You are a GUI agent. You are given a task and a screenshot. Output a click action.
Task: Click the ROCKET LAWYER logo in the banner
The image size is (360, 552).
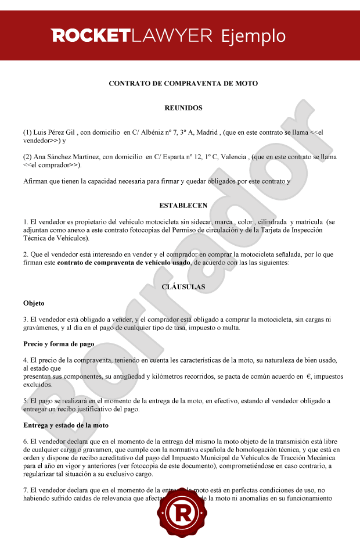coord(132,36)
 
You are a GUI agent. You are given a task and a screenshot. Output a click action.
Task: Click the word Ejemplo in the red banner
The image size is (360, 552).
coord(253,36)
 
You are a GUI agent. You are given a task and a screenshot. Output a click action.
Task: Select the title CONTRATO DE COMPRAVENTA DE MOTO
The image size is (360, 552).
coord(183,84)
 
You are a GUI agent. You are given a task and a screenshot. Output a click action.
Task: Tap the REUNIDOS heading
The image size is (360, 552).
coord(183,108)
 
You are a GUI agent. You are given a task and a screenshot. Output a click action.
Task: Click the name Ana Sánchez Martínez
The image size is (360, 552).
coord(59,157)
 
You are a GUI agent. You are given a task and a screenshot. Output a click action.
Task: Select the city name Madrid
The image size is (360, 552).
coord(207,132)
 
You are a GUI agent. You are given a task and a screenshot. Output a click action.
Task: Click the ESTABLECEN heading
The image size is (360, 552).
coord(183,206)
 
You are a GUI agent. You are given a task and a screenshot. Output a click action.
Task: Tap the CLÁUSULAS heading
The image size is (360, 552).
coord(183,287)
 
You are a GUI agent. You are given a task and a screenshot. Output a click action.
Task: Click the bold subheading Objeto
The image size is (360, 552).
coord(34,303)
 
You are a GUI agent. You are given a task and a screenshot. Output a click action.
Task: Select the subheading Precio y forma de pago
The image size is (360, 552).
coord(59,344)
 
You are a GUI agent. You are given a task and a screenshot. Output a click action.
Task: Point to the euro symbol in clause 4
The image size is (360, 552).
coord(309,377)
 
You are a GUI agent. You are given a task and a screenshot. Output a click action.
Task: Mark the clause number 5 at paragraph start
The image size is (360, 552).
coord(26,401)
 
